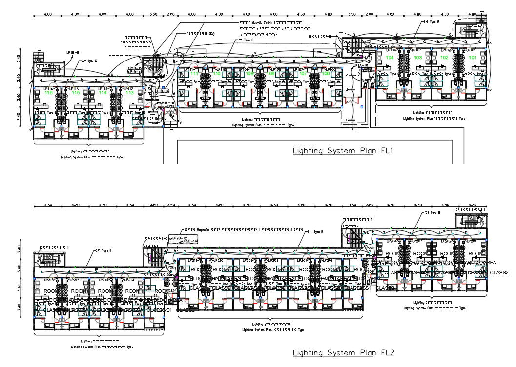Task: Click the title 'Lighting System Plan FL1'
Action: [343, 151]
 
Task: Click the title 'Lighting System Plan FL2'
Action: [343, 353]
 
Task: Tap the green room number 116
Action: [48, 92]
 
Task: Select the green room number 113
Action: [129, 92]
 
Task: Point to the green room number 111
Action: [194, 74]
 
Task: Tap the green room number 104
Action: [390, 58]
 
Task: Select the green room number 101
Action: [472, 58]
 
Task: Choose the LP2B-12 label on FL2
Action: [180, 238]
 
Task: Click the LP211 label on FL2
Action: [194, 261]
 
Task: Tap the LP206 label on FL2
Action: [328, 261]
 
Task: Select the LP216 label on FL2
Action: [49, 280]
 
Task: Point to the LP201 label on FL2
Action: [471, 241]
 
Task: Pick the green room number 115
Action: [76, 92]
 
